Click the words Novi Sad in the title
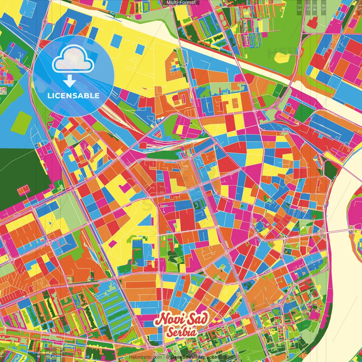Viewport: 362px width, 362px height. point(181,319)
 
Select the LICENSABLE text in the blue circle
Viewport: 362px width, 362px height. point(74,96)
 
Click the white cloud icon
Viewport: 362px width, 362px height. point(73,59)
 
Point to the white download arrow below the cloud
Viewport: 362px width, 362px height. point(69,81)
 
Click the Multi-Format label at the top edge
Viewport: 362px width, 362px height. point(181,3)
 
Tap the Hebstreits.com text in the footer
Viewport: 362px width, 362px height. point(145,357)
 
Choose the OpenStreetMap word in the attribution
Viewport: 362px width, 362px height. point(188,357)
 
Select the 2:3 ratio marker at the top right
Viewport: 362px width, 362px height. point(299,7)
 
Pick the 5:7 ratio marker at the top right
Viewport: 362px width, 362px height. point(308,7)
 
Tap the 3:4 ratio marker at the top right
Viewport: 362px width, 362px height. point(314,7)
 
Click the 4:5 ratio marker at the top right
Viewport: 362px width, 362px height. point(324,7)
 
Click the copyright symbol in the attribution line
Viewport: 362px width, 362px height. point(168,357)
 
